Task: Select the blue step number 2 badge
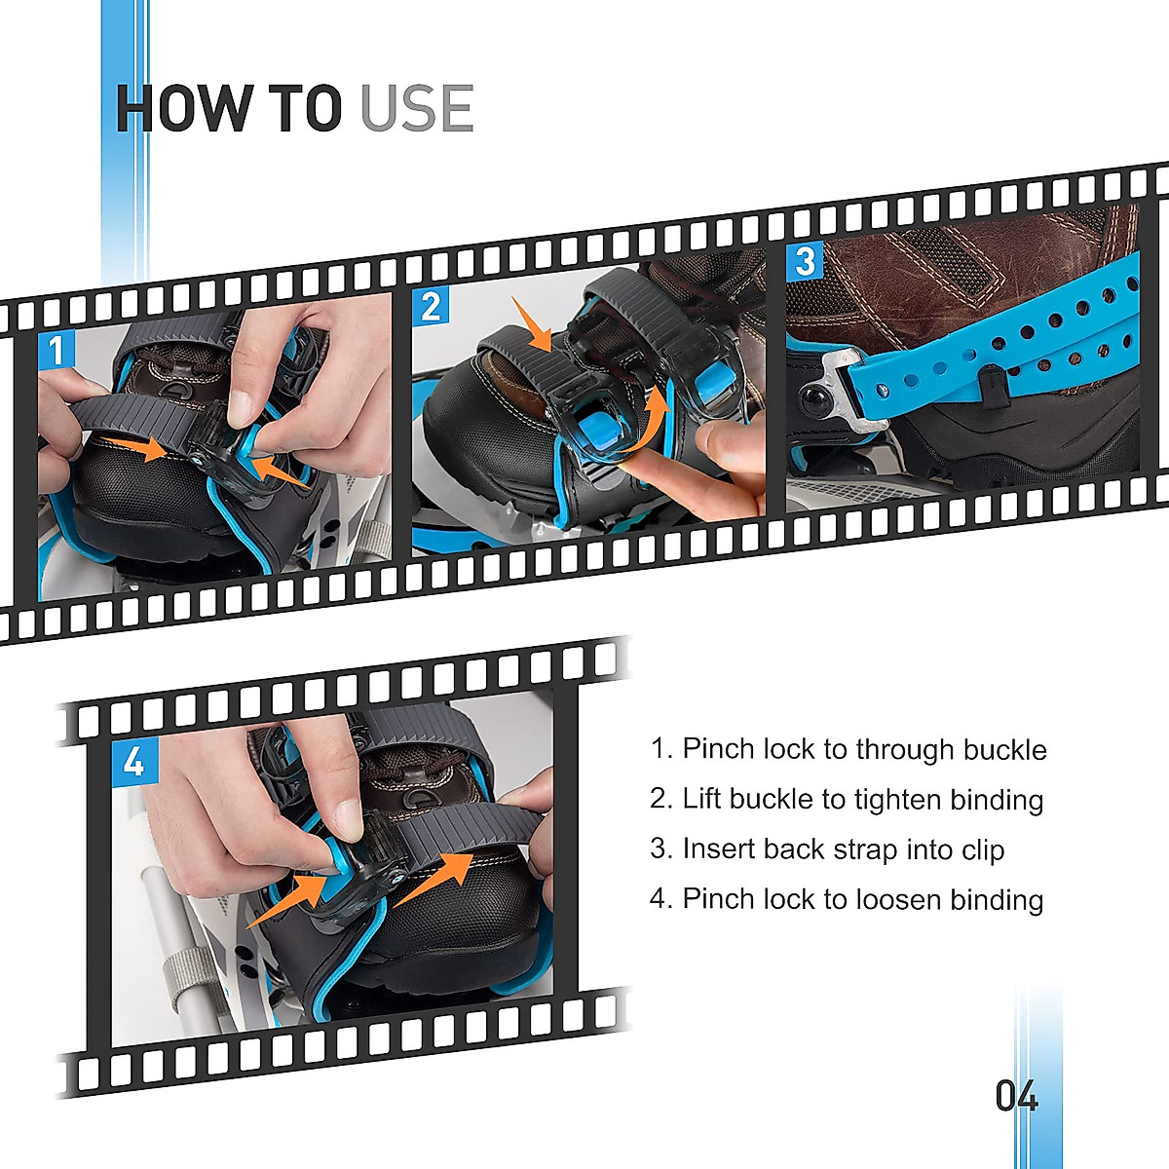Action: click(431, 307)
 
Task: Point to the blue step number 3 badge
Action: click(805, 261)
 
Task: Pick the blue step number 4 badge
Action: click(133, 761)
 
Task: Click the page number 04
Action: click(1016, 1097)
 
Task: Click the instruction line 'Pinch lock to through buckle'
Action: click(848, 749)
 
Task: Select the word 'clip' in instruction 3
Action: click(983, 849)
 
